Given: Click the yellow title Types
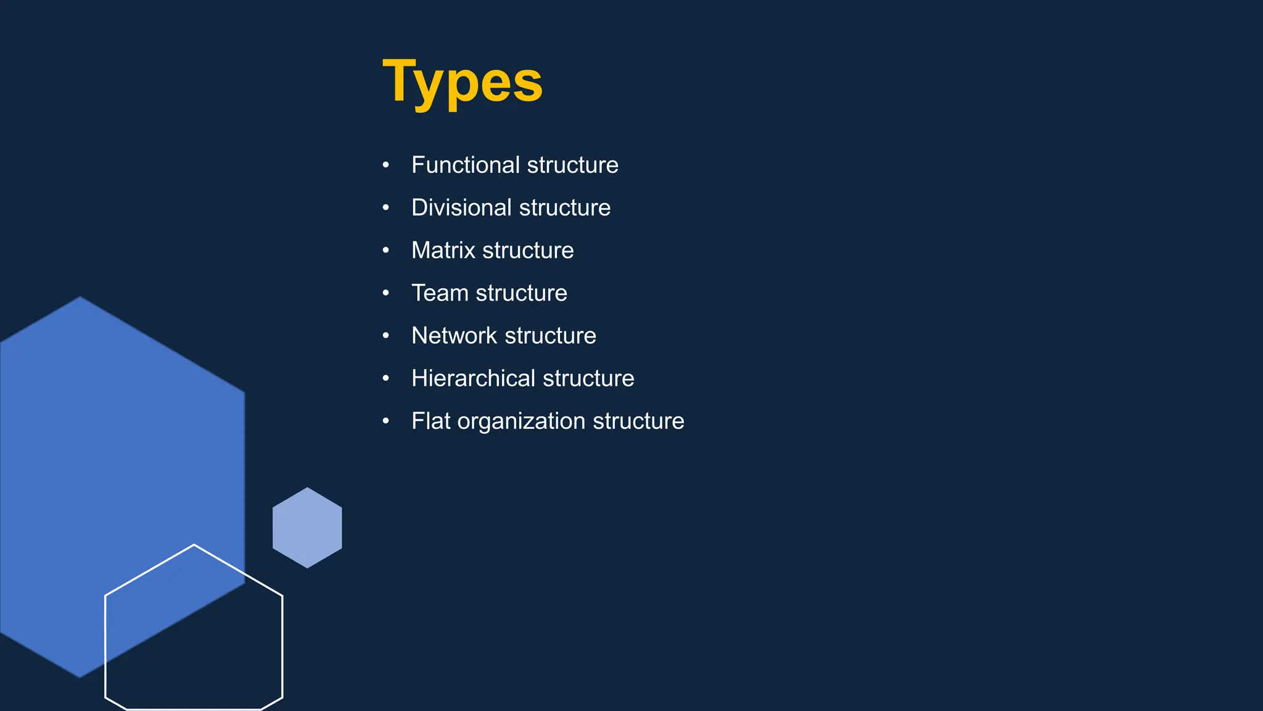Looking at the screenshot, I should coord(463,81).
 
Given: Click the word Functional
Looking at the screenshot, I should coord(466,165).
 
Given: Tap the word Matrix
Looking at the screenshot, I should coord(443,250).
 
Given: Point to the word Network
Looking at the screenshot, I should coord(454,335).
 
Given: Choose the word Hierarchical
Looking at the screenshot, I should coord(473,378).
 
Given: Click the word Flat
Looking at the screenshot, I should coord(430,420).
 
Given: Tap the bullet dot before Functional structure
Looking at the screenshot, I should coord(385,165).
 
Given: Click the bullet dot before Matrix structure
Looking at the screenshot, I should coord(385,251).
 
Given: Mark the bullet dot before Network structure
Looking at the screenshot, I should coord(385,336).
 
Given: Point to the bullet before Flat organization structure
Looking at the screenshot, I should coord(385,421).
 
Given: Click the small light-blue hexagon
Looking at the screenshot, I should coord(307,528).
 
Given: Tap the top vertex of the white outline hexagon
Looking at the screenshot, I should coord(194,545).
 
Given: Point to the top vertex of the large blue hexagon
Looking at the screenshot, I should coord(80,297).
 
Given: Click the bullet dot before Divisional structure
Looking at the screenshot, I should coord(385,208).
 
